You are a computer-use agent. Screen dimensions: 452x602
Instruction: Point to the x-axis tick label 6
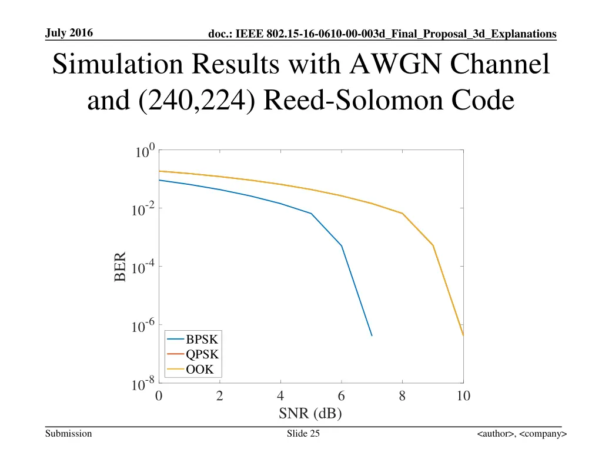[x=342, y=396]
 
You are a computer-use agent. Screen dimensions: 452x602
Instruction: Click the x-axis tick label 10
[x=463, y=396]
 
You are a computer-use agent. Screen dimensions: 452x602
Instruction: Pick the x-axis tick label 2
[x=220, y=396]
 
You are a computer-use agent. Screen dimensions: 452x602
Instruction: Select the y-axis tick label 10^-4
[x=143, y=268]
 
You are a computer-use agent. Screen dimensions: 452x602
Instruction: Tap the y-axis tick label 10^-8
[x=143, y=385]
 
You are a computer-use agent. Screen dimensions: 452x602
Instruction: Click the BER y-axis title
[x=121, y=267]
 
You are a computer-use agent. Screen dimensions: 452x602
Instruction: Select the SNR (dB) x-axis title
[x=310, y=413]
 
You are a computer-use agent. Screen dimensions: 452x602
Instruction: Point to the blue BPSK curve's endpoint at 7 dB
[x=372, y=335]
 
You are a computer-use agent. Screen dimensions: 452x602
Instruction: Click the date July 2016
[x=69, y=33]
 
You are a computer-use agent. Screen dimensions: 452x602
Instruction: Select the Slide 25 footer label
[x=303, y=434]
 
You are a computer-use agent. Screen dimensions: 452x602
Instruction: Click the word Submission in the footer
[x=69, y=434]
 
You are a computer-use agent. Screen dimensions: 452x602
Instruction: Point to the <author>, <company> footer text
[x=521, y=434]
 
